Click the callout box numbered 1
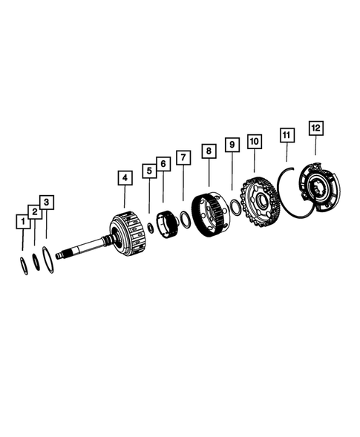(24, 221)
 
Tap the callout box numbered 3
(47, 201)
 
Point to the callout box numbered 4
(124, 177)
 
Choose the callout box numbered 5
(149, 171)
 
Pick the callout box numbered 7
(183, 157)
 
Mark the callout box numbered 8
(209, 151)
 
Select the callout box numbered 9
(232, 143)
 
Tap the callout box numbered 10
(255, 139)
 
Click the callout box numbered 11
(287, 134)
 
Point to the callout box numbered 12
(315, 128)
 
